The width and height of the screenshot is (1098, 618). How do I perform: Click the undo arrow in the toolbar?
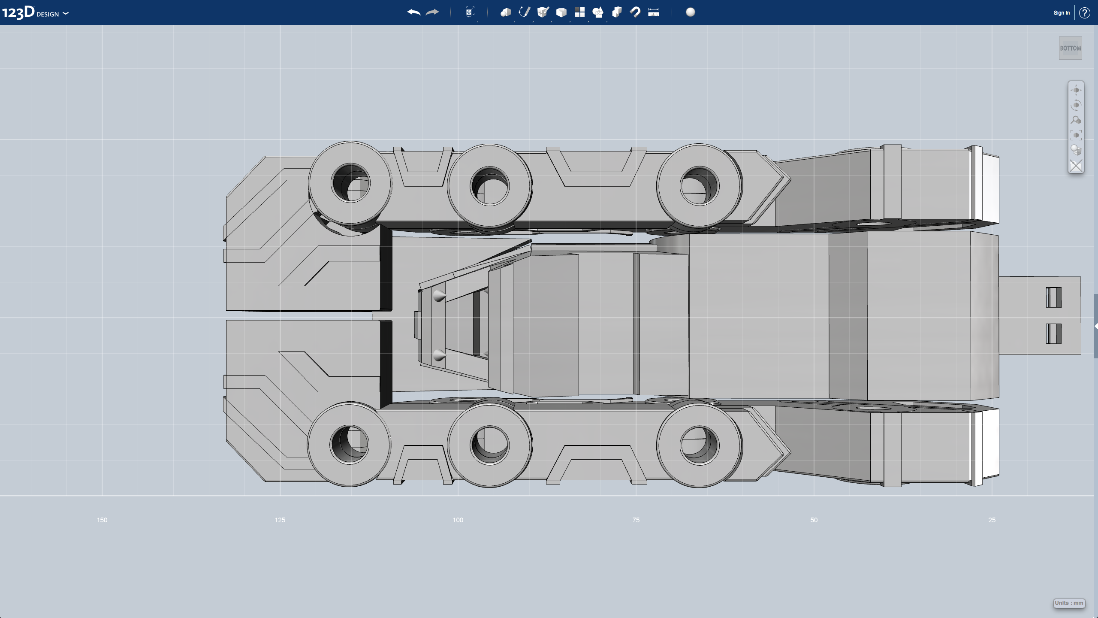(x=413, y=12)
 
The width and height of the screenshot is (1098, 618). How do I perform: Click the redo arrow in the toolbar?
(x=432, y=12)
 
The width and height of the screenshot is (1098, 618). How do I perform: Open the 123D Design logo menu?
(x=34, y=12)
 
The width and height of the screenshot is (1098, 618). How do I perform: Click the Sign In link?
(x=1061, y=13)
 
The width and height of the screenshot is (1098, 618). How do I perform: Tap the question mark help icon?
(x=1084, y=13)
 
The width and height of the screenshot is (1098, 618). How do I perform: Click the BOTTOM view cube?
(x=1070, y=48)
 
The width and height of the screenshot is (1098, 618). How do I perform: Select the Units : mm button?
(x=1069, y=603)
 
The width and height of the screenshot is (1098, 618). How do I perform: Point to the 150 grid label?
(x=102, y=520)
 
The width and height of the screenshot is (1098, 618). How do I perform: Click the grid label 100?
(x=458, y=520)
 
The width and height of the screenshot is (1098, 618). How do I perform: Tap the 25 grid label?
(x=992, y=520)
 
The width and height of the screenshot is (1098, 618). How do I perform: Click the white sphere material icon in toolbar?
(x=690, y=12)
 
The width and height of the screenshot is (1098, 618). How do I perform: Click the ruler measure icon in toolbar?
(x=653, y=12)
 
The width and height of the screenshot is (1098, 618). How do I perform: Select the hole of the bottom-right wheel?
(x=699, y=445)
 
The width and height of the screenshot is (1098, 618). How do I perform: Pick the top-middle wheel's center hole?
(x=490, y=186)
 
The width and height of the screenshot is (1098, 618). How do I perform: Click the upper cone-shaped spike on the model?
(x=439, y=296)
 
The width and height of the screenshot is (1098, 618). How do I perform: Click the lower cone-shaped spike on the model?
(x=439, y=355)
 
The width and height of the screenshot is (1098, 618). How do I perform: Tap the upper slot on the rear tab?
(x=1053, y=297)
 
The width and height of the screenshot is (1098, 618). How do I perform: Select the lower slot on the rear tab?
(x=1053, y=333)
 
